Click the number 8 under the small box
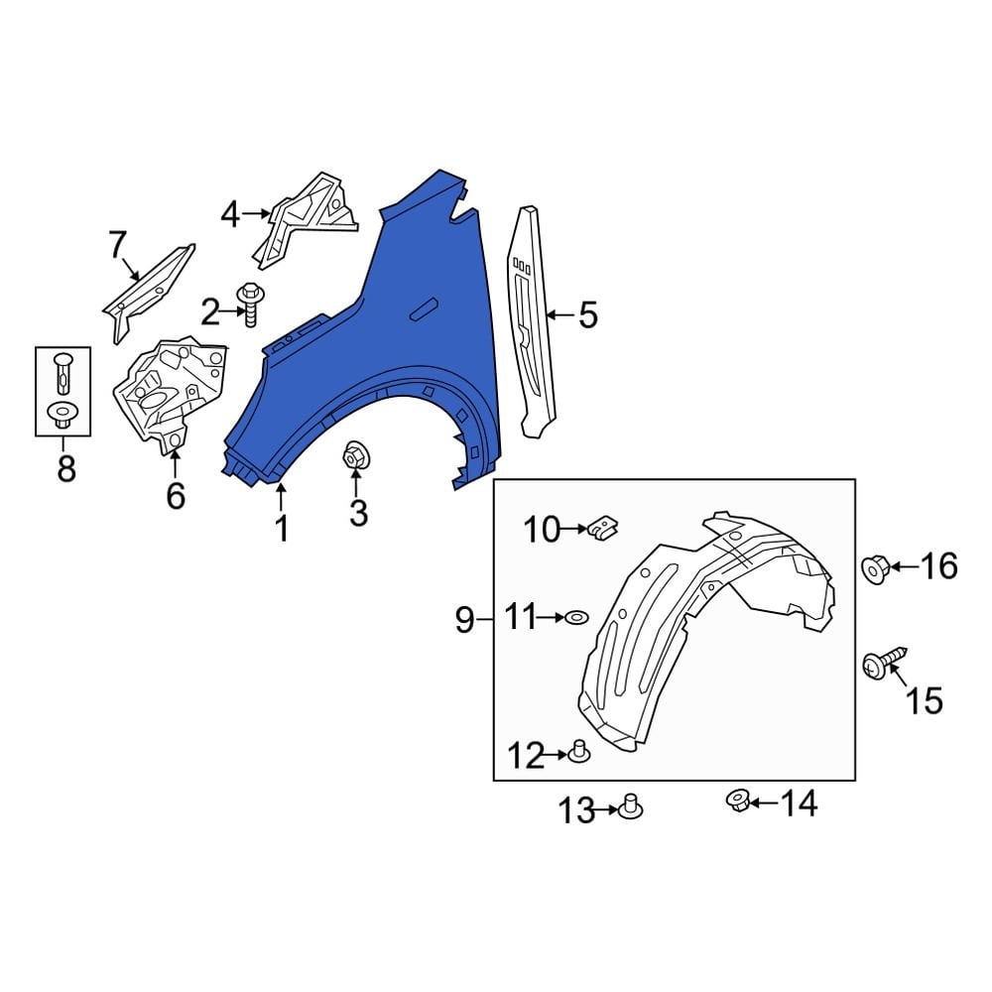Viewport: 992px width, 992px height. coord(65,468)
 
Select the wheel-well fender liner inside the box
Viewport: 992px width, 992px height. coord(694,635)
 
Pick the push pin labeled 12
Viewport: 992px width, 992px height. coord(579,753)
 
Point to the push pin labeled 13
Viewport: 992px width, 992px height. coord(629,807)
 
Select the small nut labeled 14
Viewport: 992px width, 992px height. coord(736,800)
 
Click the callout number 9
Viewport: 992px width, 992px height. coord(464,621)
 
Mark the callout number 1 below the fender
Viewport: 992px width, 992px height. coord(282,528)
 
